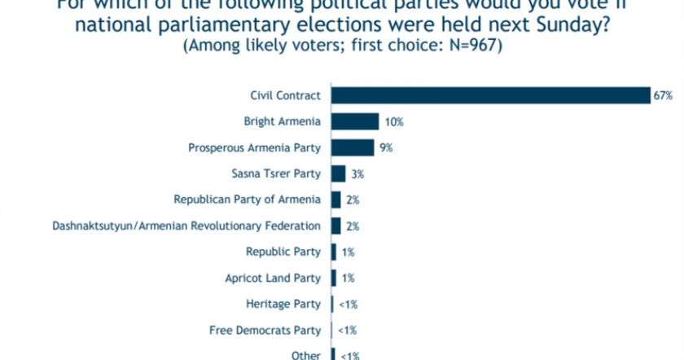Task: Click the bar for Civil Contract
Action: [489, 96]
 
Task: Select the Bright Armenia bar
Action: [354, 121]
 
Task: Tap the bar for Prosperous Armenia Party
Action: [352, 147]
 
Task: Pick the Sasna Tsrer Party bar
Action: [337, 173]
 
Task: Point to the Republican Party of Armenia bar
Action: [335, 200]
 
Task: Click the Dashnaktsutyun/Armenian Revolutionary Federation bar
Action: [335, 226]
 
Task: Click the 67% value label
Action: [662, 96]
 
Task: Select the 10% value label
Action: [394, 121]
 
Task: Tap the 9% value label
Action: [386, 147]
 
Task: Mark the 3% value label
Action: [357, 173]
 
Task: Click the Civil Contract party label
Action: [285, 96]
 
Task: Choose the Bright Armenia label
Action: [282, 121]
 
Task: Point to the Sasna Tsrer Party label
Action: [276, 173]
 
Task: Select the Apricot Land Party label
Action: [273, 278]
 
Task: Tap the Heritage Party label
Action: [283, 304]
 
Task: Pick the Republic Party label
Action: [283, 252]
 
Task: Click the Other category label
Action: [305, 355]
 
